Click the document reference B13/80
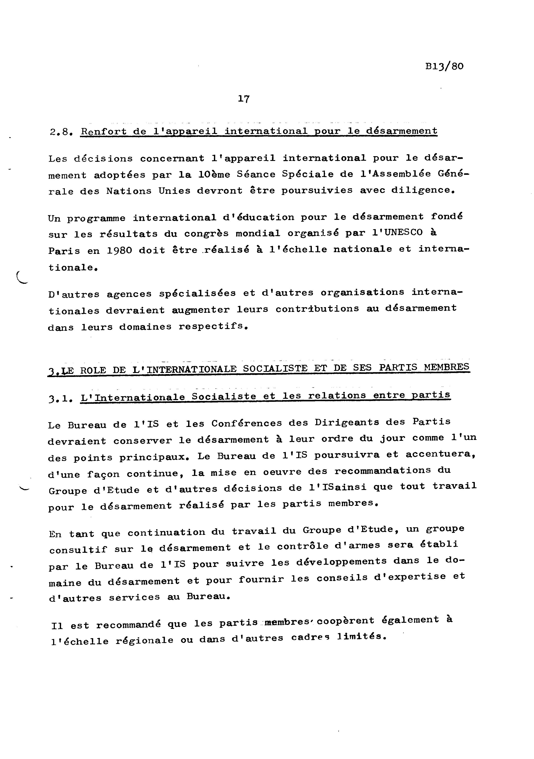click(444, 66)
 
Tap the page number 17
click(244, 99)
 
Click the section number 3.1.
click(60, 399)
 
